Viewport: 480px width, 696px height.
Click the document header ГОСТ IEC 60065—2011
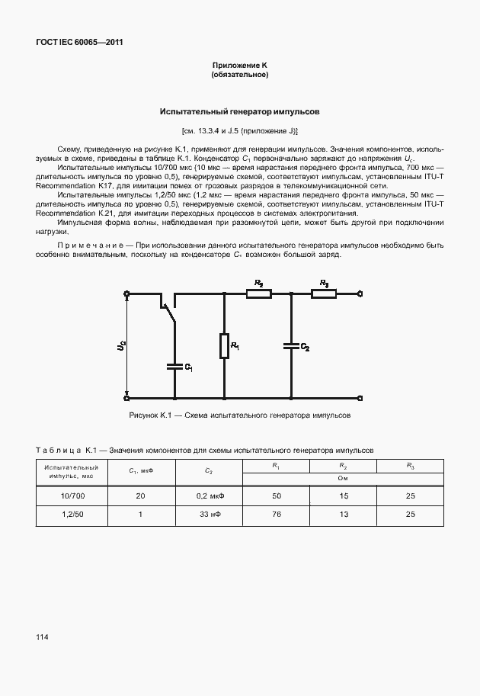79,43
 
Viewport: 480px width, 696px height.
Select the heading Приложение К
239,66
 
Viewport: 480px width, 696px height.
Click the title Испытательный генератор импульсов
239,111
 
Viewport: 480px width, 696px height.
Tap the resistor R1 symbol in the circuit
225,345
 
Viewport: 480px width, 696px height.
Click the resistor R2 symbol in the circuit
259,293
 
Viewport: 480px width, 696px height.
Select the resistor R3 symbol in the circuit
324,293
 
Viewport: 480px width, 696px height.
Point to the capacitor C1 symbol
175,366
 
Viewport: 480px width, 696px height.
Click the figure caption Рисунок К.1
239,415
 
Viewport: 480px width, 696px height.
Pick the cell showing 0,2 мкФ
209,496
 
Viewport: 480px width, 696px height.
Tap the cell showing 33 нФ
209,515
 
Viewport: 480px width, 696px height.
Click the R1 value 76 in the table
277,515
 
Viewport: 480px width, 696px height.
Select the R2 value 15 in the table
344,496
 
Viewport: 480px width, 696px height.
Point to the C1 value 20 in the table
140,496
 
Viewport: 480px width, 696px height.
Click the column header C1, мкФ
140,471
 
